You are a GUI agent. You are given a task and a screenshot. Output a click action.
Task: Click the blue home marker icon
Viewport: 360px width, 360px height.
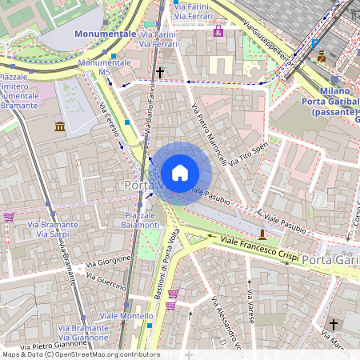click(x=180, y=173)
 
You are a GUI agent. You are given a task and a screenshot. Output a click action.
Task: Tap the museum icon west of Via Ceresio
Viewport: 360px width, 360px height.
click(x=60, y=126)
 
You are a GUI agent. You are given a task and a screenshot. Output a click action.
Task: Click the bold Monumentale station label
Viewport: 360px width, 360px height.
click(x=105, y=34)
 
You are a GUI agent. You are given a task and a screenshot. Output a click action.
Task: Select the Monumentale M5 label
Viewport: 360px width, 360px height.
click(x=94, y=67)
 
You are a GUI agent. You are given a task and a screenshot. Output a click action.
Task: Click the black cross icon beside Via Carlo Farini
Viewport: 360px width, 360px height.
click(x=160, y=73)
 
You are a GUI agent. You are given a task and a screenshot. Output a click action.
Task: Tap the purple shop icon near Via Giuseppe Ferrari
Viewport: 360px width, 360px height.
click(x=218, y=31)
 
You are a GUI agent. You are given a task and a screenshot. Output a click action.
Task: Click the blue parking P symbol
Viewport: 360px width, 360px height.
click(x=315, y=44)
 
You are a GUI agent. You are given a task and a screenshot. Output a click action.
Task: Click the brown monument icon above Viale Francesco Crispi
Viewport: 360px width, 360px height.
click(x=262, y=233)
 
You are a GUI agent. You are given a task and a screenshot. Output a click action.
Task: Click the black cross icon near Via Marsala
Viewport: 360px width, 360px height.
click(x=334, y=325)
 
